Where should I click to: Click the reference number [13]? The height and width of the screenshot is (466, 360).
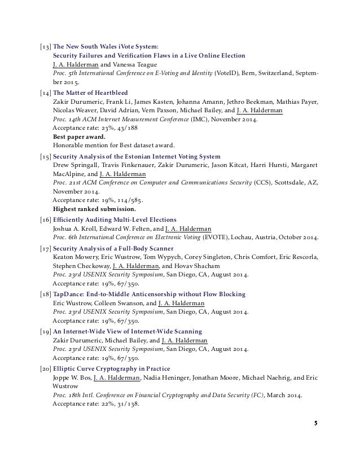click(x=43, y=46)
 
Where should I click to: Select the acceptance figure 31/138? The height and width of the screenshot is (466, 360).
click(x=128, y=403)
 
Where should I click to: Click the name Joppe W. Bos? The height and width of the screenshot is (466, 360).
click(x=71, y=376)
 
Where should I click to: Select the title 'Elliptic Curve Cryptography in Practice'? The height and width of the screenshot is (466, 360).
click(x=109, y=367)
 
